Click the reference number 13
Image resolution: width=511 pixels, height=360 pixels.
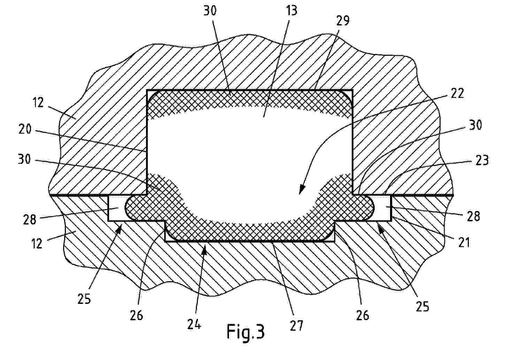pos(291,11)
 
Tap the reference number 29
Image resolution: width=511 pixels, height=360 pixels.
pos(343,21)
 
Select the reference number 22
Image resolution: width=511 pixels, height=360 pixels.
pos(457,93)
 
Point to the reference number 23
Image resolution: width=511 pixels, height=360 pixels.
pos(482,160)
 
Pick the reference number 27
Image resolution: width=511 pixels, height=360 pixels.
pos(296,325)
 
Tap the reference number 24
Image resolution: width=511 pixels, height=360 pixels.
pos(194,324)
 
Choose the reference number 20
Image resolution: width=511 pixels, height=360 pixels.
pos(25,129)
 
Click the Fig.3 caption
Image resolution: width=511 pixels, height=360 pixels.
pos(245,332)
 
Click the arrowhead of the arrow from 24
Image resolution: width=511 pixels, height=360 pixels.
pos(205,247)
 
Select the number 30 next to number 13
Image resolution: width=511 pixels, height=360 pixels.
pos(210,10)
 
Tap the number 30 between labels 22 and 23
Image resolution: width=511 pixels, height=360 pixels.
pos(475,125)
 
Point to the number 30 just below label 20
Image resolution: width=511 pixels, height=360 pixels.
pos(24,159)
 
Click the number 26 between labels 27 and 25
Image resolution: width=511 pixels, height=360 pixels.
pos(363,315)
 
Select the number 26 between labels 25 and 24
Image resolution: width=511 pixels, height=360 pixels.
pos(136,315)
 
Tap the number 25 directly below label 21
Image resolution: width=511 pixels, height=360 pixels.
pos(422,306)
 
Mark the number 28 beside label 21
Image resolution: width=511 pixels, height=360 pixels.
pos(473,216)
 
